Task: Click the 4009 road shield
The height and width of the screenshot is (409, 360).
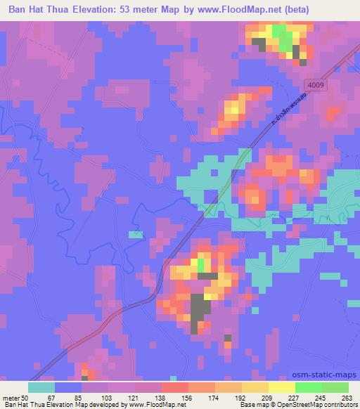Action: [316, 84]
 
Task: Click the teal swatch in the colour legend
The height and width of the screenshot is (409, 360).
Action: [41, 387]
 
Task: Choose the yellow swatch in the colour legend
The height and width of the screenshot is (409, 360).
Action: [255, 387]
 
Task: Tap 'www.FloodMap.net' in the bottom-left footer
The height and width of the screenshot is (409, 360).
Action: [150, 405]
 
